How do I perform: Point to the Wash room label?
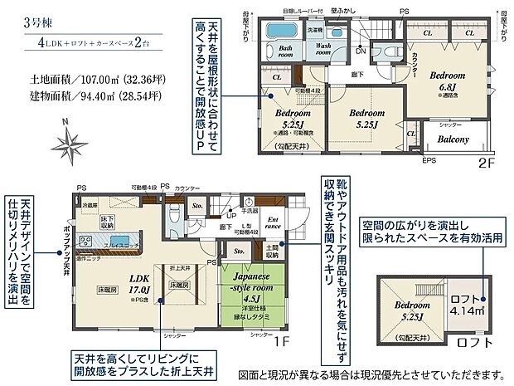click(325, 50)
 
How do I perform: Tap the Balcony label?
click(453, 139)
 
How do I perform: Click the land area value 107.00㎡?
click(99, 81)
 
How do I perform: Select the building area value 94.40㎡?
click(99, 99)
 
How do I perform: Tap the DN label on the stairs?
click(360, 51)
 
